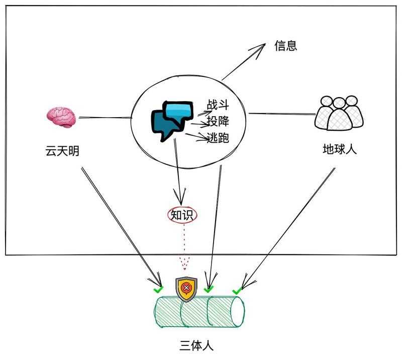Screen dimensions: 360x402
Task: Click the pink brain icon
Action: click(x=61, y=117)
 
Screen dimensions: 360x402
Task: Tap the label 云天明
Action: click(x=62, y=150)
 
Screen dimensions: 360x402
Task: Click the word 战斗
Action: click(x=218, y=105)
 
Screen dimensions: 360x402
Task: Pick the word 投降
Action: click(x=218, y=122)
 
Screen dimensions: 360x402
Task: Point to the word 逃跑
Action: click(x=218, y=137)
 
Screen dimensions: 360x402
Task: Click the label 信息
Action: click(x=286, y=46)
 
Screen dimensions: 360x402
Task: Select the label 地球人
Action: click(x=340, y=149)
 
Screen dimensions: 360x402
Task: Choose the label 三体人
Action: click(x=199, y=345)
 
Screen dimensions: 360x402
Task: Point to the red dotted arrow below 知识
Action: click(x=184, y=246)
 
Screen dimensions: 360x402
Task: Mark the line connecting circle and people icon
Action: click(x=281, y=114)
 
